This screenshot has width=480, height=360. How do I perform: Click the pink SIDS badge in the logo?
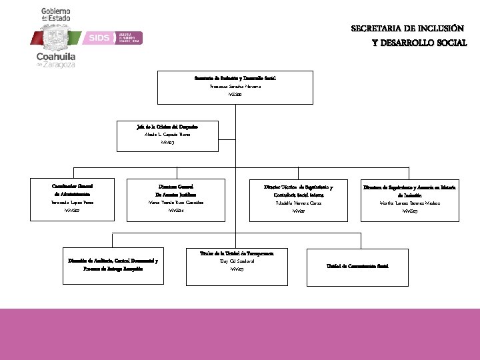pos(99,38)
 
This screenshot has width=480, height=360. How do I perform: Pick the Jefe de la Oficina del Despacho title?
pos(166,125)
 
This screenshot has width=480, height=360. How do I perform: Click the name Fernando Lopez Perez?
pos(71,202)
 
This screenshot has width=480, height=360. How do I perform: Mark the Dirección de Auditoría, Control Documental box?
pos(113,265)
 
